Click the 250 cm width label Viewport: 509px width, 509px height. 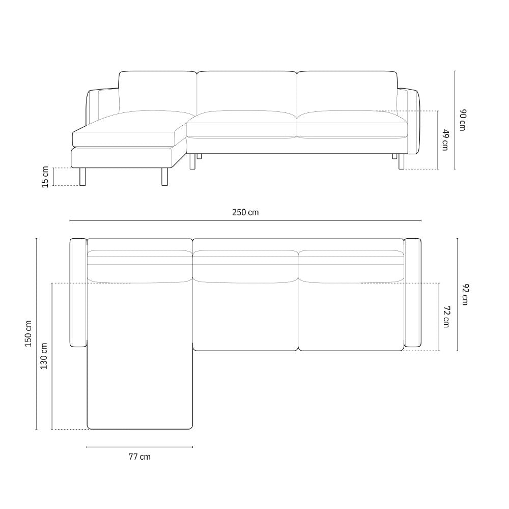(245, 212)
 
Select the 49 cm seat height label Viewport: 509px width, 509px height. (445, 140)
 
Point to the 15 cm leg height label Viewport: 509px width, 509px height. (45, 177)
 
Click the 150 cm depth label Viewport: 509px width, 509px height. (28, 334)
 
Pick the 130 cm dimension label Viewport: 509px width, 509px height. (44, 356)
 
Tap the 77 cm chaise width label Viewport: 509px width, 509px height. (139, 457)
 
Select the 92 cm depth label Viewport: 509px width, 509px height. (465, 295)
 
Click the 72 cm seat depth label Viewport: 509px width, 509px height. (446, 317)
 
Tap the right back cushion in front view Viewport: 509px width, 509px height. (346, 92)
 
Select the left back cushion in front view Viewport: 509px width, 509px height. (157, 91)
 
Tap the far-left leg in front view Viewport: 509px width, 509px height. (83, 176)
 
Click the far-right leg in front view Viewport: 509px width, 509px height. (402, 161)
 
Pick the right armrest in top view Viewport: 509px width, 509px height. (412, 295)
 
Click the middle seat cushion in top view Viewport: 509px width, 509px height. (245, 316)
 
